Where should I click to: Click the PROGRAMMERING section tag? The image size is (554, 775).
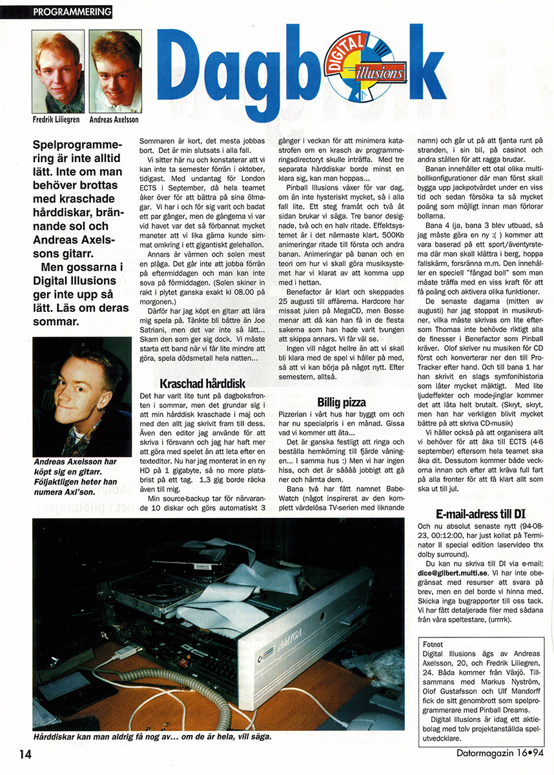point(72,12)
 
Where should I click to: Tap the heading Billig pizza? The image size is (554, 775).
point(342,402)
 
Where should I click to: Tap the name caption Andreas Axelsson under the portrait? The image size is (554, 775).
point(114,119)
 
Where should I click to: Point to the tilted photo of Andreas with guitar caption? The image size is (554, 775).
point(81,397)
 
